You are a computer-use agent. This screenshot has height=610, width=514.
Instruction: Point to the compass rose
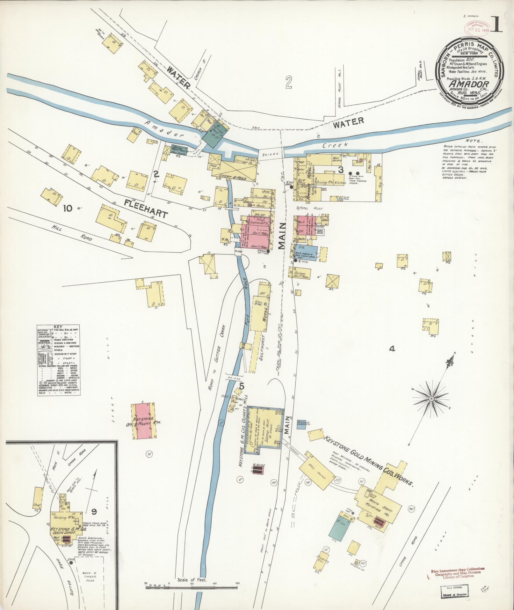(x=431, y=399)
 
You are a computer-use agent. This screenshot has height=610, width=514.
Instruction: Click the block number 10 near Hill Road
(x=67, y=209)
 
